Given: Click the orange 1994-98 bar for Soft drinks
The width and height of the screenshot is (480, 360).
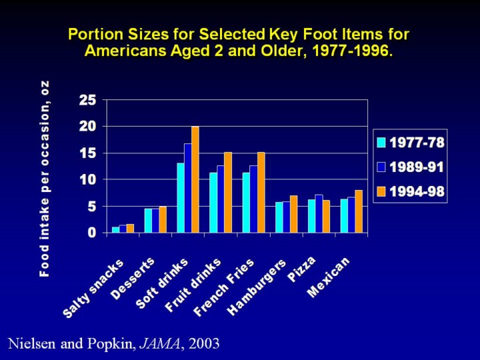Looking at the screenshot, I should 195,179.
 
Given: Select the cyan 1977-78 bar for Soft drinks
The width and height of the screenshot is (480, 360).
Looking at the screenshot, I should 181,198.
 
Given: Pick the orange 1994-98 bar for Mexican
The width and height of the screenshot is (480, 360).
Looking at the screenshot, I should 359,211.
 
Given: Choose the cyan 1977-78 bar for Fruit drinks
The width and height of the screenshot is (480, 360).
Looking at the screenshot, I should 213,203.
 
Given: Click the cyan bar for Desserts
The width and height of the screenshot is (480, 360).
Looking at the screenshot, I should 148,221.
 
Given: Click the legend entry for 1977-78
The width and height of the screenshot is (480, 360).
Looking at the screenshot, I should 411,143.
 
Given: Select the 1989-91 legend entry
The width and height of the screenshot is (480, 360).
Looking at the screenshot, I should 411,167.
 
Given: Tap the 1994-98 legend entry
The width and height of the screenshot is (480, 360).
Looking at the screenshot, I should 411,192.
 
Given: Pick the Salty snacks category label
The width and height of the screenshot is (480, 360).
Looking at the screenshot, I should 94,288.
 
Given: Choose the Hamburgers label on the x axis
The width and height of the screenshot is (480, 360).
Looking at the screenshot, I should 257,287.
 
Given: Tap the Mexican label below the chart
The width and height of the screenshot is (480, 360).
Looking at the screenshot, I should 329,277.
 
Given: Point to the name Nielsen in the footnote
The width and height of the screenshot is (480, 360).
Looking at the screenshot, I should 30,344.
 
